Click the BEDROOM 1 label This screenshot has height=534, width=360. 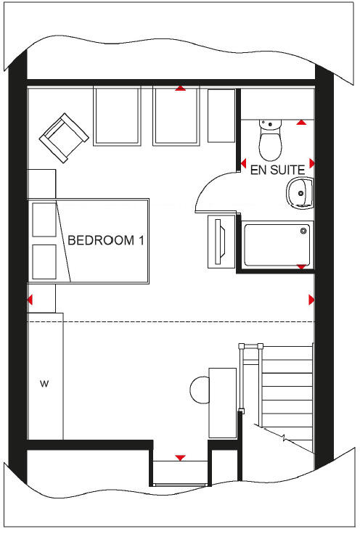coord(105,241)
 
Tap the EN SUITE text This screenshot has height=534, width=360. coord(277,172)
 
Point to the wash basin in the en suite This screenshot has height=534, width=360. coord(298,193)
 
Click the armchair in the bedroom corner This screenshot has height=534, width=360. coord(65,136)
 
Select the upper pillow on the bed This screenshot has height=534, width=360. coord(45,220)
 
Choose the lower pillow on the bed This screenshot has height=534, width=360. coord(45,261)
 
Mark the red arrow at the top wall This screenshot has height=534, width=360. coord(180,89)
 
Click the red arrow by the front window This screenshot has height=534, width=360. coord(180,457)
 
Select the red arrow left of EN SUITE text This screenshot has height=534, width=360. coord(243,163)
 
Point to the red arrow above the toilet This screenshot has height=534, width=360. coord(301,123)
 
